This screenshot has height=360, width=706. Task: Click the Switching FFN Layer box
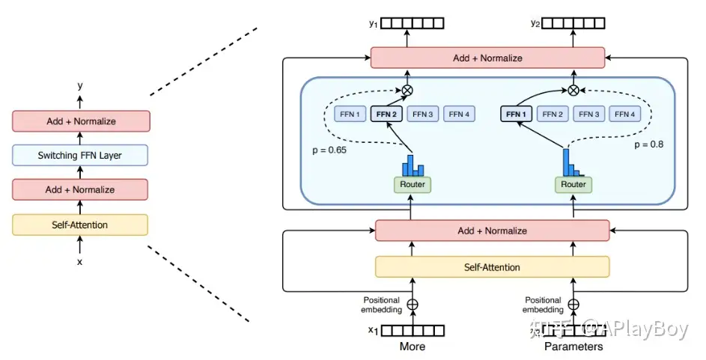(x=79, y=156)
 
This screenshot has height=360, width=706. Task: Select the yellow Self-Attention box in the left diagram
(x=79, y=225)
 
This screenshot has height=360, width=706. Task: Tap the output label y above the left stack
(x=80, y=86)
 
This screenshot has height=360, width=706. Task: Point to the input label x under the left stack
(x=80, y=262)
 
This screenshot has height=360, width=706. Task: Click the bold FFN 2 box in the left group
(x=387, y=115)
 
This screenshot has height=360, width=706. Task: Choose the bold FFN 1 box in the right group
(x=517, y=115)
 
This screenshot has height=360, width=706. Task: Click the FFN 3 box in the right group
(x=589, y=115)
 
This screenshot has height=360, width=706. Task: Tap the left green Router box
(x=411, y=184)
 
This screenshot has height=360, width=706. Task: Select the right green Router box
(x=573, y=184)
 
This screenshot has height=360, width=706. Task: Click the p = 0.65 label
(x=330, y=150)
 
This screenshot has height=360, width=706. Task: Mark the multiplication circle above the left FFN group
(x=407, y=91)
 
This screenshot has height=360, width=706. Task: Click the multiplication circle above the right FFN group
(x=573, y=91)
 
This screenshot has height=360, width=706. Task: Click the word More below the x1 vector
(x=412, y=347)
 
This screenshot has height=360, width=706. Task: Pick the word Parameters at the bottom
(x=573, y=347)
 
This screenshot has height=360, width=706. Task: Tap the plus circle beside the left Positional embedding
(x=412, y=305)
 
